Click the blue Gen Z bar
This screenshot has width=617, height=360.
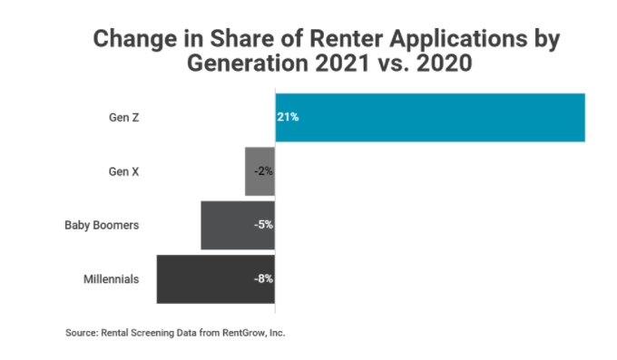pyautogui.click(x=430, y=118)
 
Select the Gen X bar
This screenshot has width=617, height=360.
pyautogui.click(x=260, y=171)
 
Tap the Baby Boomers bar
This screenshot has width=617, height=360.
pyautogui.click(x=238, y=226)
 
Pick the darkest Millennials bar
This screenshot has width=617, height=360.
pyautogui.click(x=216, y=279)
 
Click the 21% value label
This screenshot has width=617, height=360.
pyautogui.click(x=288, y=117)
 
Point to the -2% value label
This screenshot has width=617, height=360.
pyautogui.click(x=263, y=171)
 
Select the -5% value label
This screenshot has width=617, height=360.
pyautogui.click(x=263, y=225)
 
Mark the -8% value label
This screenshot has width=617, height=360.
pyautogui.click(x=263, y=279)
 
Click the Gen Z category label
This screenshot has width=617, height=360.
pyautogui.click(x=124, y=118)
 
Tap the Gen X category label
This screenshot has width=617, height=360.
pyautogui.click(x=124, y=172)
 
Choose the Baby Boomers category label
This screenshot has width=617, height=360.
pyautogui.click(x=102, y=226)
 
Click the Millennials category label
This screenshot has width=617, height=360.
pyautogui.click(x=112, y=279)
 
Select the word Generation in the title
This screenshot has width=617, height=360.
pyautogui.click(x=248, y=63)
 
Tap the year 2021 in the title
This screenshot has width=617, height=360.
pyautogui.click(x=343, y=63)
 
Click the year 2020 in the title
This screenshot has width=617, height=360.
pyautogui.click(x=445, y=63)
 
